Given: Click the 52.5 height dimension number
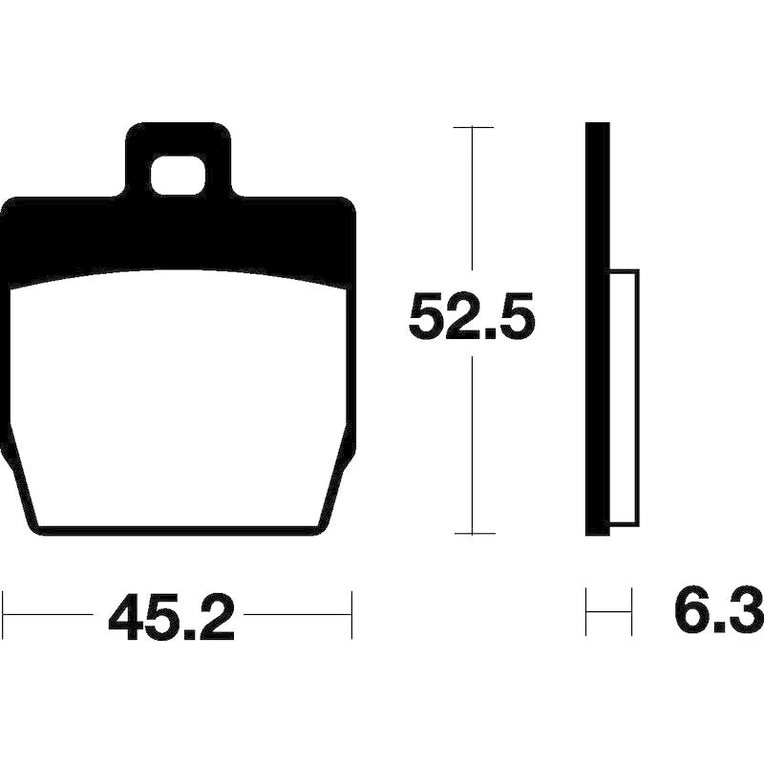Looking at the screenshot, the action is (471, 316).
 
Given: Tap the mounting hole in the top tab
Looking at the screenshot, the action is (178, 177).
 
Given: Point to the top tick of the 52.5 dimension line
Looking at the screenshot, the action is (473, 127).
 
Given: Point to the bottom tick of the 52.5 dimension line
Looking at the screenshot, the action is (473, 534).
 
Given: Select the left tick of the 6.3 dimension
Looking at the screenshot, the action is (586, 612).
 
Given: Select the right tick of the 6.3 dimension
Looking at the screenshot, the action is (631, 612).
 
